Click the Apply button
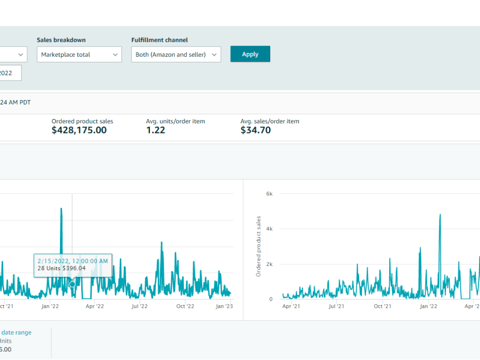coord(250,54)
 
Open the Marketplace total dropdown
coord(79,55)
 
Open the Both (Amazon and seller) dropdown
coord(176,55)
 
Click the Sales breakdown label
coord(61,40)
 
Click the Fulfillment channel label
coord(159,40)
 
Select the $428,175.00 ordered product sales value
coord(79,130)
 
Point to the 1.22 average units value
coord(156,130)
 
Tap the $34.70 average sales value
coord(256,130)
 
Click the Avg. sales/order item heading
coord(270,121)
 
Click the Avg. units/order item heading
coord(175,121)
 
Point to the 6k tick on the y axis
coord(269,194)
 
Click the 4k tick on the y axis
coord(269,228)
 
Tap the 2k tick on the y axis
coord(269,264)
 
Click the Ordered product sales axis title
coord(258,246)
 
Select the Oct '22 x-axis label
coord(185,306)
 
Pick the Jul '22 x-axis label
coord(140,306)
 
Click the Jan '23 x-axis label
coord(224,306)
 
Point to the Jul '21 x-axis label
coord(336,306)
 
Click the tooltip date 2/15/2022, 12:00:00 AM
coord(72,261)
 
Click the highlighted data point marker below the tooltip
coord(72,284)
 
